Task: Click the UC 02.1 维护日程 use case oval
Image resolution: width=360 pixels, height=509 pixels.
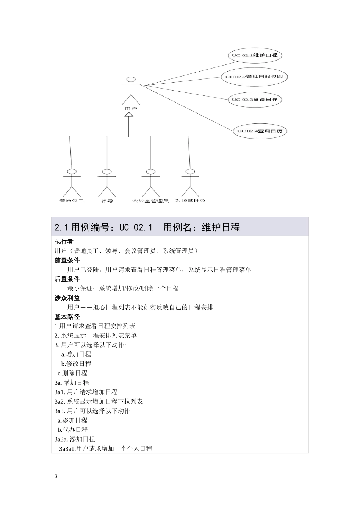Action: (x=255, y=55)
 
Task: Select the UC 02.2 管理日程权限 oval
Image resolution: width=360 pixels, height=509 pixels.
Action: (x=254, y=77)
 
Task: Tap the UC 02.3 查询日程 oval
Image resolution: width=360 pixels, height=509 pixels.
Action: (x=255, y=100)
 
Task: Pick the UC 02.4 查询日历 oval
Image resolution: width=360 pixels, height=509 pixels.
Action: (x=260, y=131)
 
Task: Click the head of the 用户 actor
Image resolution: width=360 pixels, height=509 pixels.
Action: (x=131, y=80)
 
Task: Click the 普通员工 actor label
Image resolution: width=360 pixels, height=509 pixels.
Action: (x=72, y=200)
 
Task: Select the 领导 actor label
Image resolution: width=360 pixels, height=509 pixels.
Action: (x=107, y=200)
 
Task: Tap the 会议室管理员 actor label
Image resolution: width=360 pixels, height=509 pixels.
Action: (x=150, y=200)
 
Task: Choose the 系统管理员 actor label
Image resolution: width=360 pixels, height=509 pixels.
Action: (x=190, y=200)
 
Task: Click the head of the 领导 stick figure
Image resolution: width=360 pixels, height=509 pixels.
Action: (x=107, y=172)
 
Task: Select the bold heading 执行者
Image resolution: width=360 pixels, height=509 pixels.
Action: (x=64, y=242)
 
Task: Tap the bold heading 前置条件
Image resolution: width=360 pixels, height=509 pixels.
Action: (x=67, y=260)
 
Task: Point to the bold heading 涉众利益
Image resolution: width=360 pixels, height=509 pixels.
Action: (x=67, y=298)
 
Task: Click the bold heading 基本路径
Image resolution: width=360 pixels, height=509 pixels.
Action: (x=67, y=317)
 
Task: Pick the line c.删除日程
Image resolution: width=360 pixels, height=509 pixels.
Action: (x=72, y=373)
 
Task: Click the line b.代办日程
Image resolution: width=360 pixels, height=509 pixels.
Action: (x=72, y=430)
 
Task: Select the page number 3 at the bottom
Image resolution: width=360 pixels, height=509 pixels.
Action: (x=56, y=476)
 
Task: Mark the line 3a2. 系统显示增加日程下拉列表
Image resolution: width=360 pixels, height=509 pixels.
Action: (x=99, y=401)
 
